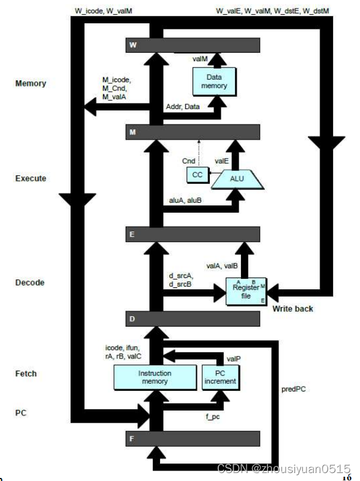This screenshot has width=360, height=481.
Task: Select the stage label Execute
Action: pyautogui.click(x=30, y=179)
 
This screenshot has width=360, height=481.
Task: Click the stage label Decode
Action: pyautogui.click(x=29, y=283)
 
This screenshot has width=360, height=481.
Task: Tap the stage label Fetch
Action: pyautogui.click(x=26, y=373)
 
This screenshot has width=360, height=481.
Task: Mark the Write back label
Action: pyautogui.click(x=293, y=309)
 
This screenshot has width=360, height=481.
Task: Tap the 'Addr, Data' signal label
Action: pyautogui.click(x=183, y=107)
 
